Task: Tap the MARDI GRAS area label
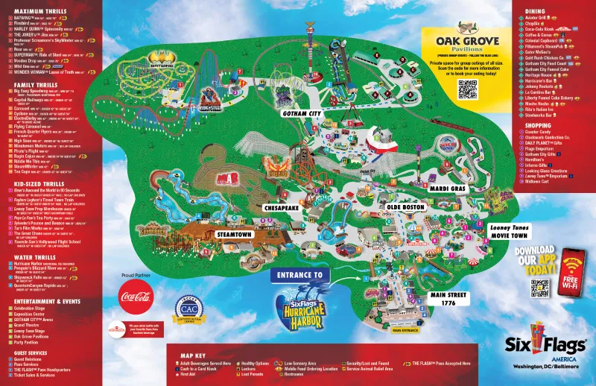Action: click(x=447, y=189)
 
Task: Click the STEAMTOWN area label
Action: click(x=237, y=234)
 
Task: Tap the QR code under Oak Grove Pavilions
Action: click(x=467, y=89)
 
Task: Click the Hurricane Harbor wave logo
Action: click(x=299, y=304)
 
